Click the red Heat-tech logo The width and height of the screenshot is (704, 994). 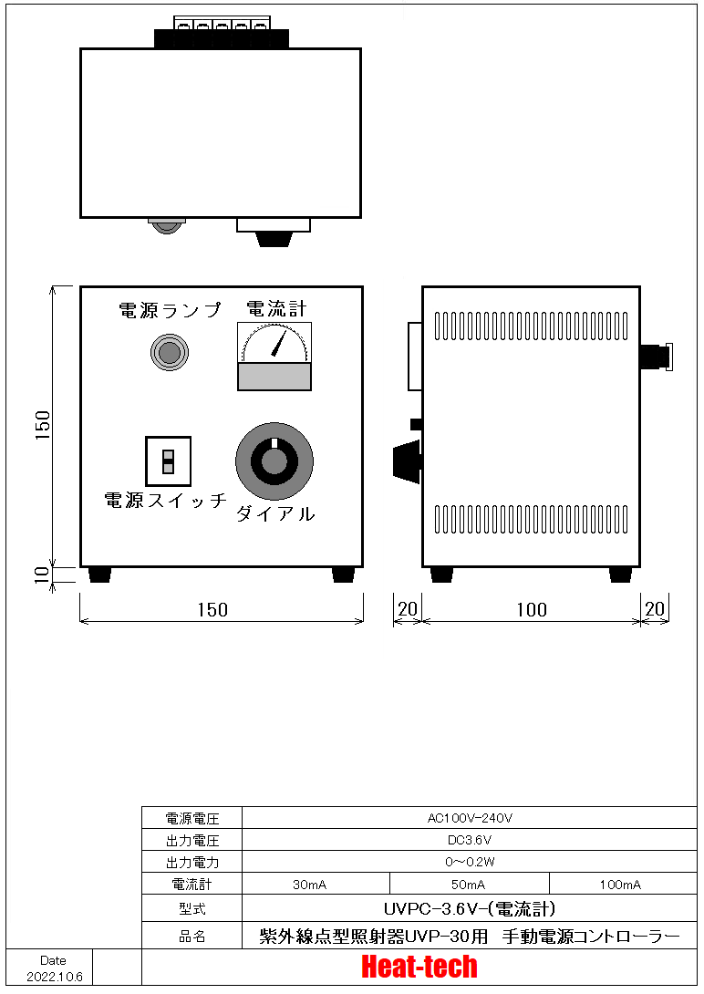(419, 967)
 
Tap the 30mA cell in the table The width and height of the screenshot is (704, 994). (309, 885)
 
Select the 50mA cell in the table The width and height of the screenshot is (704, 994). (469, 885)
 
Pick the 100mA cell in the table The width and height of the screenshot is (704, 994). (620, 885)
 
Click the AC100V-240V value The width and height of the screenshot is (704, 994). (470, 818)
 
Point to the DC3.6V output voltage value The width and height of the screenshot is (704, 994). (470, 840)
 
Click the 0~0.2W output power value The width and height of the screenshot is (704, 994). (470, 862)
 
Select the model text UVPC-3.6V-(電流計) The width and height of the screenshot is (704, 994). (470, 909)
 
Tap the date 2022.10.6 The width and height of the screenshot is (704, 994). (55, 977)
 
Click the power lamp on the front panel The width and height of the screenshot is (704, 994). (170, 352)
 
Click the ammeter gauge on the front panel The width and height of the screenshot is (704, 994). (274, 357)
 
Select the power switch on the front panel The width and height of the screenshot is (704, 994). (168, 461)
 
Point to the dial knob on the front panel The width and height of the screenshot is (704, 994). (274, 461)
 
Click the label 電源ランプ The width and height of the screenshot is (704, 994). (170, 310)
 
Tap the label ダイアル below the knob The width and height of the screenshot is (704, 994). (275, 513)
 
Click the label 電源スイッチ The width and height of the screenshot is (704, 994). (165, 500)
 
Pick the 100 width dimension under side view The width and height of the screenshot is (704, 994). (531, 610)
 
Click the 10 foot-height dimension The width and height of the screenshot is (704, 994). (42, 575)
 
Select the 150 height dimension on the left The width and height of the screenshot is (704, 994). (42, 425)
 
